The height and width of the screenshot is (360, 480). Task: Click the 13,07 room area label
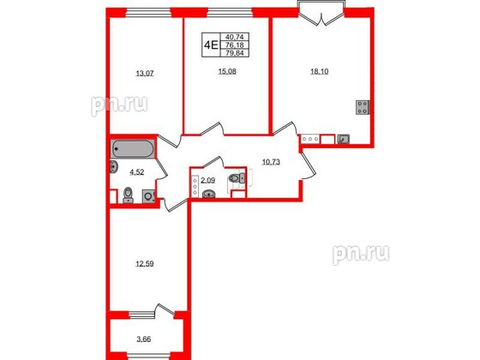pos(145,74)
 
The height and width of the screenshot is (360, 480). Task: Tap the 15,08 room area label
pos(227,72)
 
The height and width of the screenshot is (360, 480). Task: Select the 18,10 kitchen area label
pos(319,72)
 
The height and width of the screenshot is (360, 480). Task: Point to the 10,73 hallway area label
pos(271,162)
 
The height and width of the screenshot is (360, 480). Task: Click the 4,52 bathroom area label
pos(136,172)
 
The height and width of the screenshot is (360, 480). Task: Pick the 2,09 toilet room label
pos(207,181)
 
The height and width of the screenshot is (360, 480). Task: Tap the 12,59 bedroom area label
pos(145,264)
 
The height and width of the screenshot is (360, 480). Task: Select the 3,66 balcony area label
pos(144,339)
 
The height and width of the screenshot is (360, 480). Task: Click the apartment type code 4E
pos(211,45)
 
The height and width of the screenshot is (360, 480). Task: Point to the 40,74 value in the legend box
pos(235,37)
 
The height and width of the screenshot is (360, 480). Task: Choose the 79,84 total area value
pos(235,53)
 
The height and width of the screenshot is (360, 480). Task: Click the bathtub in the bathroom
pos(132,149)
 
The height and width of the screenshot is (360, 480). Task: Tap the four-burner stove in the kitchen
pos(363,107)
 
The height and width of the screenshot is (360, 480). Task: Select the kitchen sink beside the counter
pos(343,139)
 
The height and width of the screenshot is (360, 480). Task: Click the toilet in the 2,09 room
pos(237,178)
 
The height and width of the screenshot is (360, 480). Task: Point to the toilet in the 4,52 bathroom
pos(128,195)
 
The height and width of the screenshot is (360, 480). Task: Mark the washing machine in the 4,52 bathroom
pos(149,196)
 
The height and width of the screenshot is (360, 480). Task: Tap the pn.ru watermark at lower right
pos(361,254)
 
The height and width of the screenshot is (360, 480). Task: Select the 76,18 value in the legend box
pos(235,45)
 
